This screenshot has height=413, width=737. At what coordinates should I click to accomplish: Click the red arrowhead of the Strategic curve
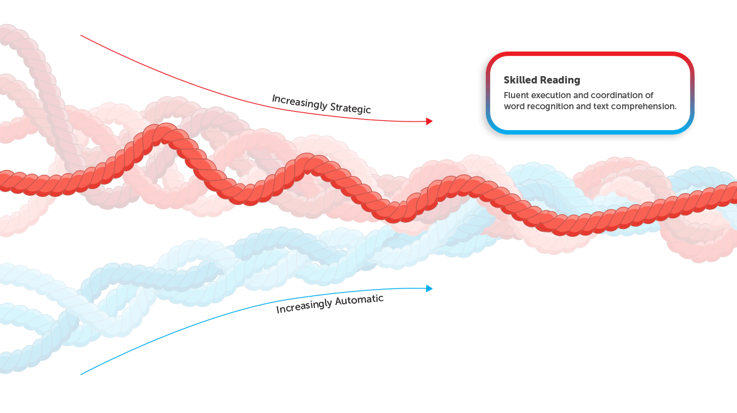pyautogui.click(x=429, y=122)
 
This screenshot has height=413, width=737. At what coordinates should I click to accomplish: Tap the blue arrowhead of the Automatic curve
pyautogui.click(x=429, y=288)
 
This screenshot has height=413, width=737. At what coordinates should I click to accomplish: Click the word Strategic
pyautogui.click(x=351, y=108)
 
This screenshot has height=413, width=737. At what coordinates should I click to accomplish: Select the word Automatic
pyautogui.click(x=359, y=300)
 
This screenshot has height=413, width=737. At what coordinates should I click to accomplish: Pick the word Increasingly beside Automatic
pyautogui.click(x=304, y=306)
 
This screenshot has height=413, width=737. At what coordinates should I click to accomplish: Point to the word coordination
pyautogui.click(x=617, y=95)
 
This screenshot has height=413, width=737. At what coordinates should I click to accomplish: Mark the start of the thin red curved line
pyautogui.click(x=81, y=36)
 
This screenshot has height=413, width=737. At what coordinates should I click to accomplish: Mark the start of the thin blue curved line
pyautogui.click(x=81, y=374)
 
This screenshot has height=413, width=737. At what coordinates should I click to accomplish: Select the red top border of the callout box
pyautogui.click(x=590, y=54)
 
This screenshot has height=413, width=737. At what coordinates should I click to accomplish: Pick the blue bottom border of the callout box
pyautogui.click(x=590, y=132)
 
